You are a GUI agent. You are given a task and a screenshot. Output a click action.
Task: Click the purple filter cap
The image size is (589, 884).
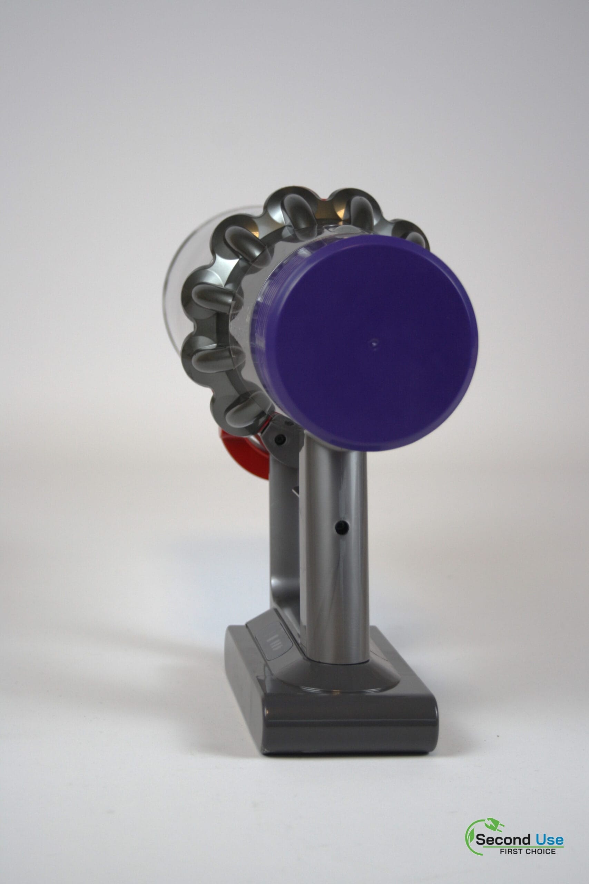click(x=372, y=346)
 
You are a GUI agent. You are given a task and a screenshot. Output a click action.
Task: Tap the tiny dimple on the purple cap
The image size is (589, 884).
click(x=373, y=343)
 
